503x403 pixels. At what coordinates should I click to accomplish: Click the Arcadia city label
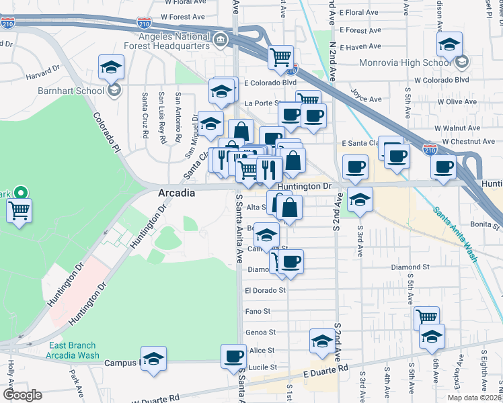[x=176, y=193]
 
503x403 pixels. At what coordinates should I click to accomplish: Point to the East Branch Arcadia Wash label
[x=74, y=351]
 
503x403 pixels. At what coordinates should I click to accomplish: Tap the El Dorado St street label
[x=266, y=291]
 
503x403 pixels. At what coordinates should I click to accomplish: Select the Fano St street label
[x=258, y=312]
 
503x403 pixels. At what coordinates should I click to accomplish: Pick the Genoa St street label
[x=260, y=332]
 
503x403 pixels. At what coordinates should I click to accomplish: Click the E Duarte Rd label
[x=325, y=371]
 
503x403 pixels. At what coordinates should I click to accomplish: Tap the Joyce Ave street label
[x=367, y=99]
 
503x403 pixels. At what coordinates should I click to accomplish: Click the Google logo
[x=22, y=395]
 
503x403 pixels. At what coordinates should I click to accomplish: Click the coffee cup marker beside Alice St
[x=234, y=355]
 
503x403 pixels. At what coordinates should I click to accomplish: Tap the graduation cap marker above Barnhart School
[x=111, y=66]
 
